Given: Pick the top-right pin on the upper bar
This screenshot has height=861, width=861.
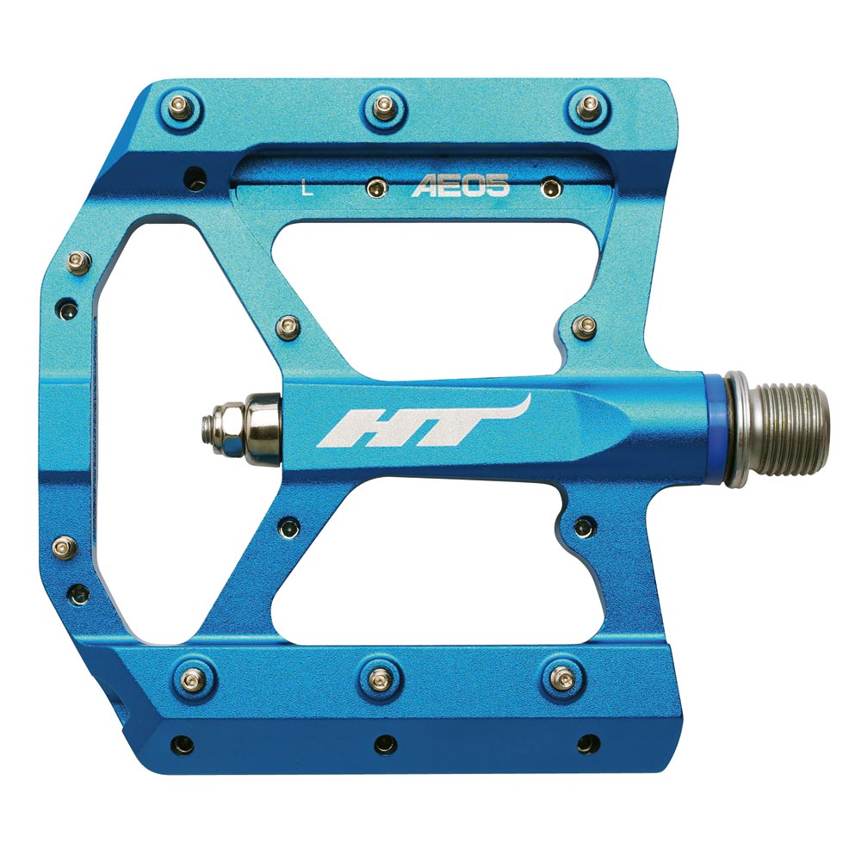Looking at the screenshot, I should tap(587, 107).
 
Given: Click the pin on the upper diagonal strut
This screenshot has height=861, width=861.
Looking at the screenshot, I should tap(289, 326).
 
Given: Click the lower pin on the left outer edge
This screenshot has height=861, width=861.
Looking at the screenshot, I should tap(65, 546).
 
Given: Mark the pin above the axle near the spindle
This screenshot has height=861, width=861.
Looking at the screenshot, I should tap(585, 325).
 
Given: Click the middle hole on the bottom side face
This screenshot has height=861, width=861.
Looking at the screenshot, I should tap(385, 742).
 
